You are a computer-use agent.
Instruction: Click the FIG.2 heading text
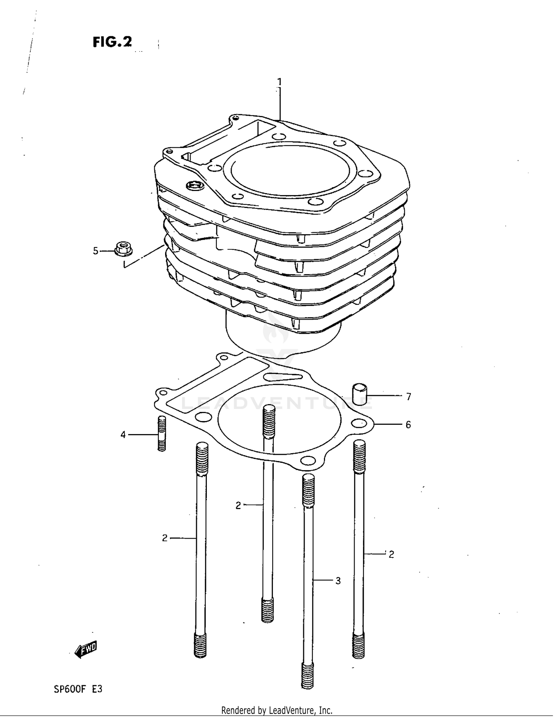112,42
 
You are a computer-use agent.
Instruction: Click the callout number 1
280,82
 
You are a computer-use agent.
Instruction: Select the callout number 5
96,251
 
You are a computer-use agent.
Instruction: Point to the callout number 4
123,435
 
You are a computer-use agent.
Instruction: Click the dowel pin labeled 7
359,395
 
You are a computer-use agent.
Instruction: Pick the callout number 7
408,397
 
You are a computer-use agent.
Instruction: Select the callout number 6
408,425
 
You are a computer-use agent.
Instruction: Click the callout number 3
338,581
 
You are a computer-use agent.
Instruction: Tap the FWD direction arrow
86,649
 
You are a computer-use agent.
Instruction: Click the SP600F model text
70,689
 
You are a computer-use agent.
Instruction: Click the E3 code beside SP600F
97,689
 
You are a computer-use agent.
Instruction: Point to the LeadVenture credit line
277,710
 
